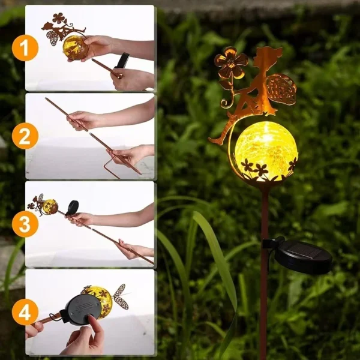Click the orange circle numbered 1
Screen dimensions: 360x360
click(25, 48)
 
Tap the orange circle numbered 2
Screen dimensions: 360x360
click(25, 136)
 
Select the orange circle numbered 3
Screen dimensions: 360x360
click(25, 224)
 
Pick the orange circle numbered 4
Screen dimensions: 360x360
click(25, 312)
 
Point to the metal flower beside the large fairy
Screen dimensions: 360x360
click(231, 62)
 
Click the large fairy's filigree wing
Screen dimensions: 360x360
click(281, 89)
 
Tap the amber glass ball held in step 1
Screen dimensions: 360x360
click(75, 48)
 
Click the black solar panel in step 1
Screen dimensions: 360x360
click(122, 60)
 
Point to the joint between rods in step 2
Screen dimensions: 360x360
click(89, 132)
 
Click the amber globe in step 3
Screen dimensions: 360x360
click(50, 206)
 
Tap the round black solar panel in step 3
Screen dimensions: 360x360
click(73, 207)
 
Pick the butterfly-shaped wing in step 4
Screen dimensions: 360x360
click(119, 296)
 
